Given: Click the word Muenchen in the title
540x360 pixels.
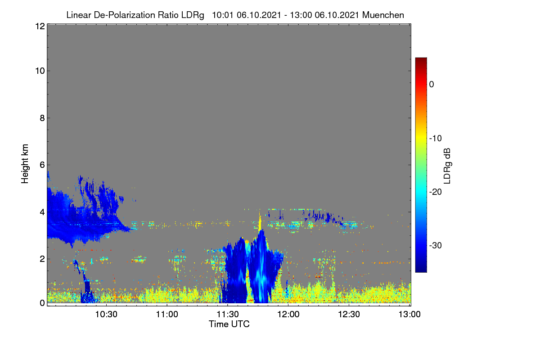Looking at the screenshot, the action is [383, 15].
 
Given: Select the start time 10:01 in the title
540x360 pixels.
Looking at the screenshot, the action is [222, 15].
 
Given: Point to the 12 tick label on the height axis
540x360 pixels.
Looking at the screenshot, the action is [40, 26].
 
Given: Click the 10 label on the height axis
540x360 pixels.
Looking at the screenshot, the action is [40, 71].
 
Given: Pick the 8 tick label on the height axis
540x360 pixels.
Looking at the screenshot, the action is [42, 118].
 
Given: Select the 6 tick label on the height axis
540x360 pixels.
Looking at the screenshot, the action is [42, 165].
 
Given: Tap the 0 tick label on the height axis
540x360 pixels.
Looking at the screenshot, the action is [42, 303].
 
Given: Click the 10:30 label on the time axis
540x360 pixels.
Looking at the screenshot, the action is [106, 314].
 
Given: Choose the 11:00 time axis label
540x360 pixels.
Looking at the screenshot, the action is [167, 314].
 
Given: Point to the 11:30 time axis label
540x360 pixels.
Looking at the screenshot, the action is [228, 314].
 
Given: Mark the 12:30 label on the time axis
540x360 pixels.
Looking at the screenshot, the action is [349, 314].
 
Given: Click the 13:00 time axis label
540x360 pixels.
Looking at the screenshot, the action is [409, 314].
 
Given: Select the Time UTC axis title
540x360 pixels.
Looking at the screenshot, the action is [229, 324].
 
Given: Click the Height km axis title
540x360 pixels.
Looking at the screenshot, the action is [25, 164].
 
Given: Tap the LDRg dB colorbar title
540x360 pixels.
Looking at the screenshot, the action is [447, 166].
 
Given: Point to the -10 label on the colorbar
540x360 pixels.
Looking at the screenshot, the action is [436, 139].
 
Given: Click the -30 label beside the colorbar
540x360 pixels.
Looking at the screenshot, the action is [436, 245].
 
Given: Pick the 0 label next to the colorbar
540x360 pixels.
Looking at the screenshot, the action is [432, 85].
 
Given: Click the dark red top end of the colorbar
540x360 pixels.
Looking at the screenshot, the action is [421, 58].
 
